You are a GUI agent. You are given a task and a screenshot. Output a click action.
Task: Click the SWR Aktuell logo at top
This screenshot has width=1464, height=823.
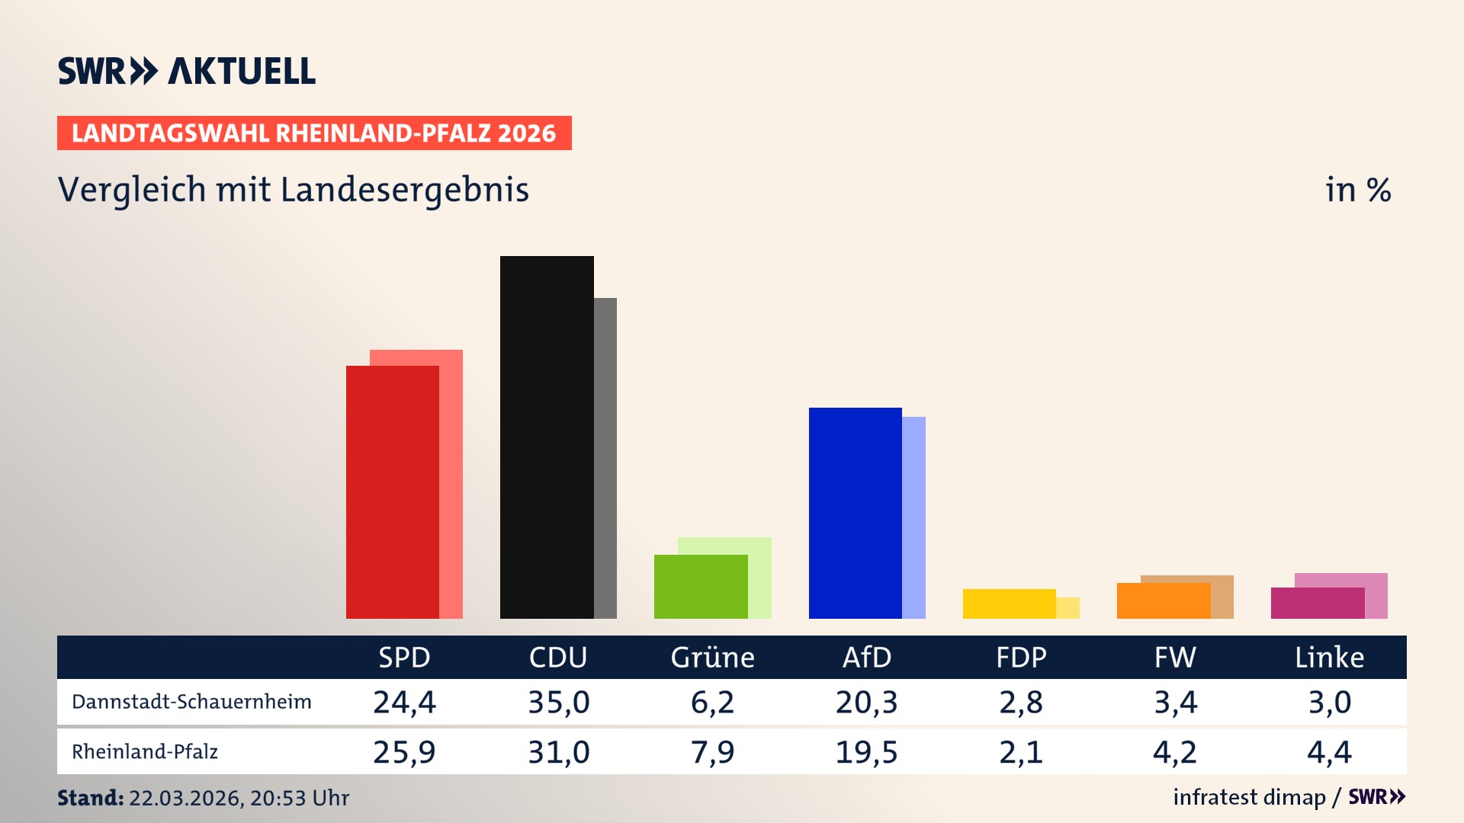(186, 71)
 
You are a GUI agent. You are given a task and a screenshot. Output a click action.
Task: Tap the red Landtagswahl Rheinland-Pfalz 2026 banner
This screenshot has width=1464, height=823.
(313, 133)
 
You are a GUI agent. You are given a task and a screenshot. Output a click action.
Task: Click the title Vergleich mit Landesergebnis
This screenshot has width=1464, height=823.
(293, 190)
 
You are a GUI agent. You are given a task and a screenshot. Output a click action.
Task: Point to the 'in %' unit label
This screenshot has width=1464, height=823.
(1357, 191)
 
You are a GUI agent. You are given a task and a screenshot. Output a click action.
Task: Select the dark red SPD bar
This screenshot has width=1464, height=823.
(392, 492)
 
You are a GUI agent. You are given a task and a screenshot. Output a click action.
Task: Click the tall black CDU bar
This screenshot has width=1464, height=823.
(546, 437)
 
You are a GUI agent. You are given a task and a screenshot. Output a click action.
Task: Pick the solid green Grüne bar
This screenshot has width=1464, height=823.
(700, 587)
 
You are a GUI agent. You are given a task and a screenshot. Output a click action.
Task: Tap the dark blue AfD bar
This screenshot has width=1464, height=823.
(855, 512)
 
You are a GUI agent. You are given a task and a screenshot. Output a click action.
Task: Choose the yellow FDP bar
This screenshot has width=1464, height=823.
(1009, 604)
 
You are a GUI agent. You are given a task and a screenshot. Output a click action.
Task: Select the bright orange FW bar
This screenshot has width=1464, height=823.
(1163, 600)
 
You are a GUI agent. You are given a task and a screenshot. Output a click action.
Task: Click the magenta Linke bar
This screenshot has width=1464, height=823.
(1317, 603)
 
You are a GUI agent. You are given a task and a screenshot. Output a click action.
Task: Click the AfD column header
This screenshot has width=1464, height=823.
(866, 657)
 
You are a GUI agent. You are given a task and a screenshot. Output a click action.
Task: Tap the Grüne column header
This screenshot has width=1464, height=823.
(712, 657)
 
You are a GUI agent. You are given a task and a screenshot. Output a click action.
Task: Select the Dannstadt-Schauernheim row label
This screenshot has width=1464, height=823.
(191, 702)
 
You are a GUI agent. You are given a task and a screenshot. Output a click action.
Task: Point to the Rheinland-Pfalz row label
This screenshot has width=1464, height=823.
(145, 752)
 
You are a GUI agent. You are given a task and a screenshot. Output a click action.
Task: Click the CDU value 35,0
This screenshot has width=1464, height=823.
(559, 702)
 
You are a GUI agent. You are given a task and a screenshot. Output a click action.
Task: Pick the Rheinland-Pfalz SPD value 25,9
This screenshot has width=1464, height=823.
(404, 752)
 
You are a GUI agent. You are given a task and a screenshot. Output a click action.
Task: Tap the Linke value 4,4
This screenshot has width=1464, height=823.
(1329, 752)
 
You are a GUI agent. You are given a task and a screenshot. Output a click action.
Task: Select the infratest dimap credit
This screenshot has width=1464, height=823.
(1249, 797)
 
